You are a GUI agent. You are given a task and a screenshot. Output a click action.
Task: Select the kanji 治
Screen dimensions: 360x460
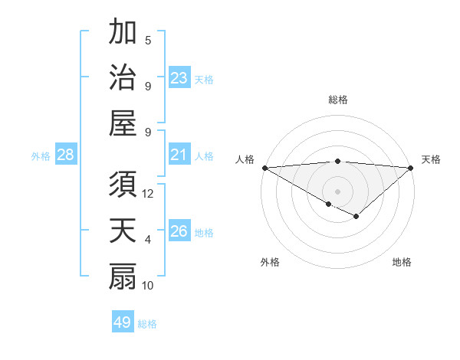[x=123, y=79]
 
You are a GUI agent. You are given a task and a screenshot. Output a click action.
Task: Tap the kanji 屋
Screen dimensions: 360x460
[x=123, y=124]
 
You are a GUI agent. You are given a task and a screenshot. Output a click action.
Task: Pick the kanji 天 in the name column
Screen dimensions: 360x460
[x=123, y=232]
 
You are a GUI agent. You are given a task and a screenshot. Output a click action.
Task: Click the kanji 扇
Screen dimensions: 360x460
[x=123, y=277]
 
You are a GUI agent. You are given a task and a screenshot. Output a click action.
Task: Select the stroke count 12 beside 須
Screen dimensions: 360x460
[x=148, y=194]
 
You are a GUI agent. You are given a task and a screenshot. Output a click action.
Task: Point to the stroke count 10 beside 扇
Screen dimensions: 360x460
[x=148, y=286]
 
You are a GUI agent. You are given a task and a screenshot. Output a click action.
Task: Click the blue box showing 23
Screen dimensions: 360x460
[x=179, y=78]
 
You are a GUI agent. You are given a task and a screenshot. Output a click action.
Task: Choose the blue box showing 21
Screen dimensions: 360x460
[x=179, y=155]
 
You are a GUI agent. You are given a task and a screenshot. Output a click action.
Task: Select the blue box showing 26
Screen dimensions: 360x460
[x=179, y=231]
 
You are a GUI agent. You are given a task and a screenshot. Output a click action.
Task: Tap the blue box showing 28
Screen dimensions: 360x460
[x=66, y=155]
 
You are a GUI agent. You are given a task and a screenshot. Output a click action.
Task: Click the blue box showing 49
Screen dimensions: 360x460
[x=122, y=322]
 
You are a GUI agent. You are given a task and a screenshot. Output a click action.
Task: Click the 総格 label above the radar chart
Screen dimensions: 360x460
[x=337, y=100]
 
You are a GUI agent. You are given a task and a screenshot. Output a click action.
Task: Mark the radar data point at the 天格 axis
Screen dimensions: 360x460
[x=411, y=168]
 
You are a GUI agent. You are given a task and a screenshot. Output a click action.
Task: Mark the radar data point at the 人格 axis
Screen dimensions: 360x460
[x=264, y=168]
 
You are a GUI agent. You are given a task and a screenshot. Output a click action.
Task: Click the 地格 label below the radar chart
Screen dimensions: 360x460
[x=402, y=263]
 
